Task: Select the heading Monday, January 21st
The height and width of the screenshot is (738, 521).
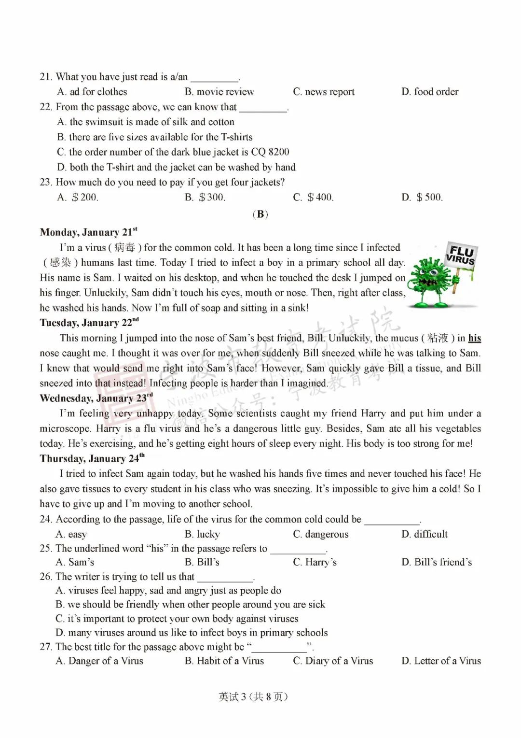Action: [x=88, y=232]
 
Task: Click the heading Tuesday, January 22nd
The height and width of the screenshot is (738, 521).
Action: [x=89, y=323]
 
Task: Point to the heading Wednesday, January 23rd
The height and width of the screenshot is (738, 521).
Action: [x=96, y=398]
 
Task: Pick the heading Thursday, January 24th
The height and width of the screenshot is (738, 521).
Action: [x=92, y=458]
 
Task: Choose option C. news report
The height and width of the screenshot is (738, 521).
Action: [x=324, y=92]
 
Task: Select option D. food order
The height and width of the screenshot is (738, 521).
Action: [x=430, y=92]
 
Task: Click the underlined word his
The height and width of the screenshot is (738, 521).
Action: [x=475, y=338]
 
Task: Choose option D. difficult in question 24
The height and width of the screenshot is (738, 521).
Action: [x=425, y=534]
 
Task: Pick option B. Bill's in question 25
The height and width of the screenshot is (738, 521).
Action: [x=202, y=562]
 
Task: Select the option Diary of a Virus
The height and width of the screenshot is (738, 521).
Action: [x=333, y=661]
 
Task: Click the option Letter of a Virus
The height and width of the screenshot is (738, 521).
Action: [x=441, y=661]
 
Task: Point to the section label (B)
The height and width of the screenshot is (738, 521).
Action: [x=260, y=214]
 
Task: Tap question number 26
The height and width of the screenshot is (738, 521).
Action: [x=46, y=577]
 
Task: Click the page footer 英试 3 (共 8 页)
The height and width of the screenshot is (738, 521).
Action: [x=253, y=696]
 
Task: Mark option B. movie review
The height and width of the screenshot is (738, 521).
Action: [x=219, y=92]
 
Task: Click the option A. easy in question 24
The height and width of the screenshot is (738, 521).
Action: [x=71, y=534]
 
